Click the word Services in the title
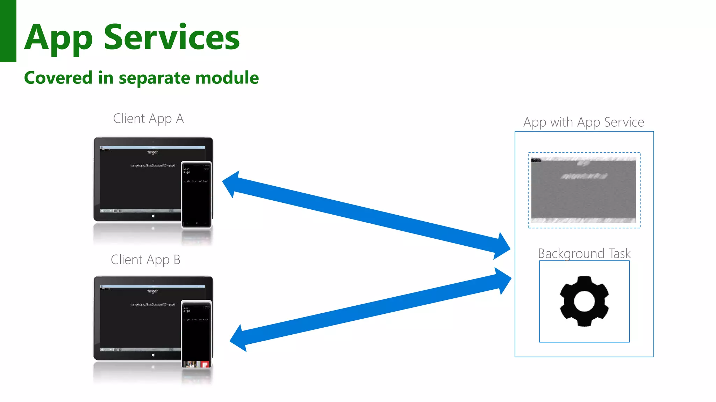172,37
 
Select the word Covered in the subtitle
58,77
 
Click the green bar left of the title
8,31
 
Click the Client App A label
148,119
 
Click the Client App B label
145,260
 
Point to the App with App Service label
583,122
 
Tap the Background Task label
584,253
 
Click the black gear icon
584,301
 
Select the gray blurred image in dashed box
583,190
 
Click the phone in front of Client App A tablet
196,194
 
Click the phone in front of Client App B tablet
196,333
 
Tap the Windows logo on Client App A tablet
153,216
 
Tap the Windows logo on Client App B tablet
153,355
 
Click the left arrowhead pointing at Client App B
238,338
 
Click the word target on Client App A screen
152,152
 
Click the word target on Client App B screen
152,291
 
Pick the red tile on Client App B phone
205,364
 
